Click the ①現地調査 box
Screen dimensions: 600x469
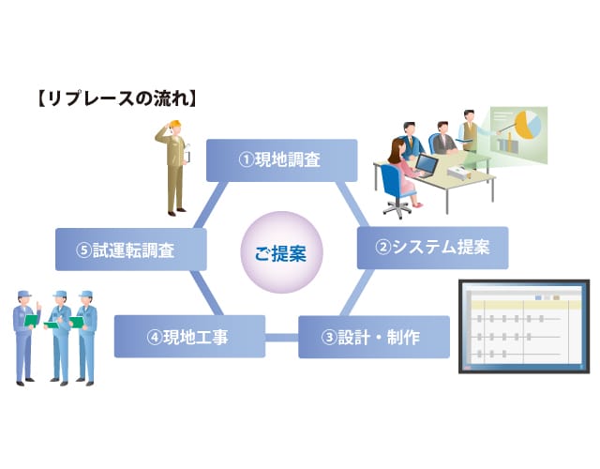tap(281, 160)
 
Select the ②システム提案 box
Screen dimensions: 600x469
tap(432, 248)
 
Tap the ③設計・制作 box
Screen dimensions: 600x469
tap(374, 337)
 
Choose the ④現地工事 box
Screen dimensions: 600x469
tap(189, 337)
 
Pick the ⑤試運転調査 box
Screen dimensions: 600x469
tap(131, 250)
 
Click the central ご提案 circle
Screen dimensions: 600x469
tap(281, 252)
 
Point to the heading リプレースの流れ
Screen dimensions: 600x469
tap(117, 98)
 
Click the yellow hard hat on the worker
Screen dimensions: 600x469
tap(175, 124)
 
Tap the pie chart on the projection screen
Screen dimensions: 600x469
tap(529, 125)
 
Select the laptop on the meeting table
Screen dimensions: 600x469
tap(426, 166)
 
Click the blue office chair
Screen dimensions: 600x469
tap(396, 190)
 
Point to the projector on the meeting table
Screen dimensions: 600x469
tap(458, 173)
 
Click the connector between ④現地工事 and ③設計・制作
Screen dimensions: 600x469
tap(282, 338)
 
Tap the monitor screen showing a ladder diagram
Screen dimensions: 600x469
tap(524, 326)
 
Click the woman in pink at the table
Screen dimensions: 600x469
tap(403, 173)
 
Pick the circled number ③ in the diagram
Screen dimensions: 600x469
tap(329, 338)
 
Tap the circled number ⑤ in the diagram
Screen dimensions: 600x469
tap(83, 250)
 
